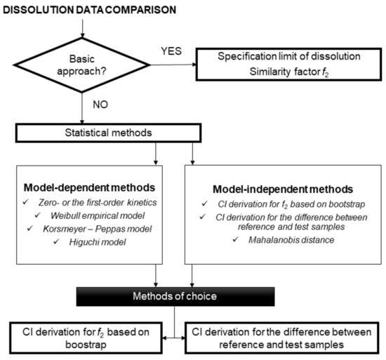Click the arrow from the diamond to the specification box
pyautogui.click(x=176, y=65)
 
